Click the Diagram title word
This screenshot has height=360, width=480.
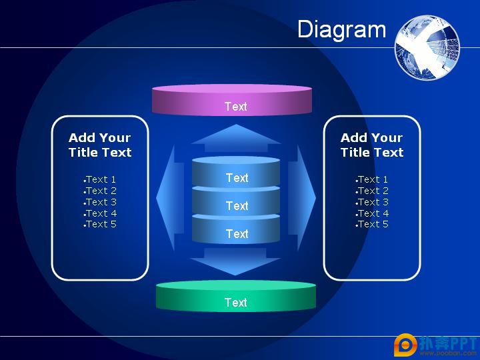(341, 30)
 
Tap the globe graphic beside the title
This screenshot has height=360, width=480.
(427, 47)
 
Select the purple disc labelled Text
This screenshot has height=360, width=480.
(232, 100)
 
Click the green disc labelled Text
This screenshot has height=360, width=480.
(236, 296)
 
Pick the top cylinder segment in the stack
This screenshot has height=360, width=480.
(236, 172)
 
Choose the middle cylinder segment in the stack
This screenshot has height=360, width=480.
(236, 201)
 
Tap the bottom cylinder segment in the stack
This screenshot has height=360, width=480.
(236, 229)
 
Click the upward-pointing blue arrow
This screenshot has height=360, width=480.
(236, 138)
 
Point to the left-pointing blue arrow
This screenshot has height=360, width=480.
(170, 198)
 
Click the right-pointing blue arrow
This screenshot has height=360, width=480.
(302, 198)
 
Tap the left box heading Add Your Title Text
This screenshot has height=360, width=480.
(100, 145)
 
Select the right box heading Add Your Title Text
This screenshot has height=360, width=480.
(372, 145)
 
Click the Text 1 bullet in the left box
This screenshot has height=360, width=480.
(100, 179)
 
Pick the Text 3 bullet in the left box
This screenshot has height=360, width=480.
(100, 202)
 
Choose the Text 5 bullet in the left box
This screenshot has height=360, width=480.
(100, 225)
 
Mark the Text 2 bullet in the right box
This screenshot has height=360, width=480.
(372, 191)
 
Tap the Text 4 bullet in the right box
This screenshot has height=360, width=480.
(372, 213)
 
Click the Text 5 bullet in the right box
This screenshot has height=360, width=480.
(372, 225)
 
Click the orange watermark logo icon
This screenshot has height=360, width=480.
(405, 345)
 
